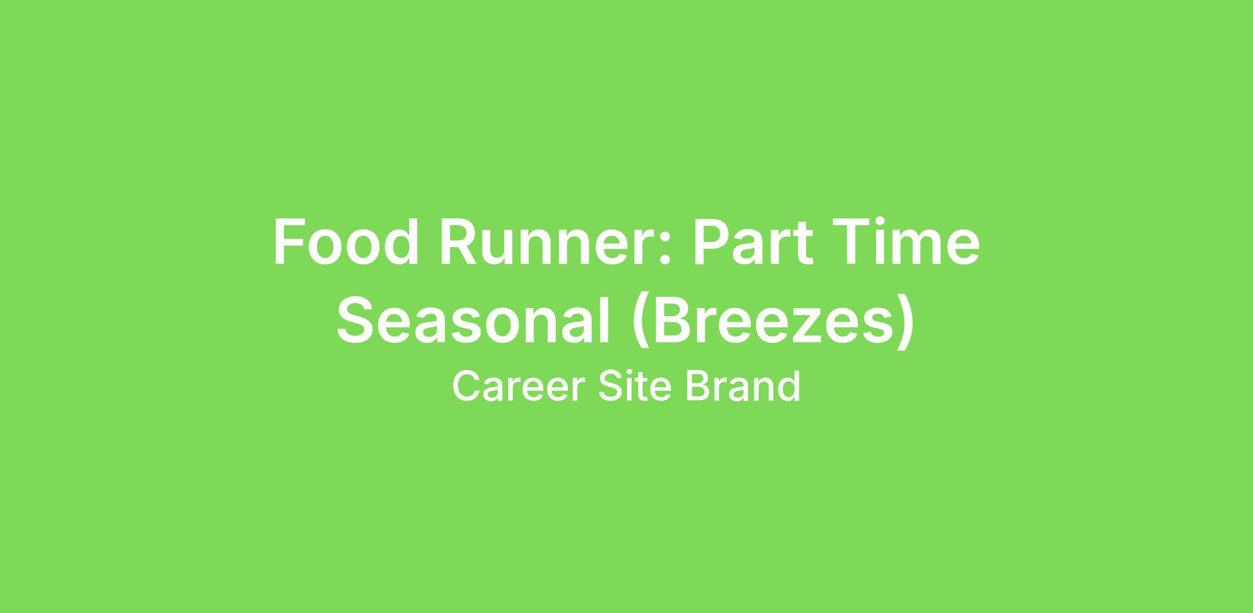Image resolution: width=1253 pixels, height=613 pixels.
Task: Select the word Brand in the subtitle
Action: tap(742, 387)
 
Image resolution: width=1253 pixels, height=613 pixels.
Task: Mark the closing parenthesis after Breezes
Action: tap(905, 322)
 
